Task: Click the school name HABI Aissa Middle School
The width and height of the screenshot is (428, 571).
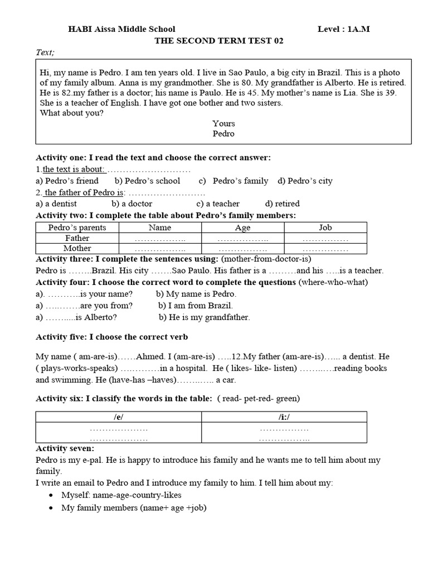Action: point(121,29)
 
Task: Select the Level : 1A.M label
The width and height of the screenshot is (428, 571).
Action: point(343,29)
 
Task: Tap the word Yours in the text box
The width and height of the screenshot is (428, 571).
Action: point(223,123)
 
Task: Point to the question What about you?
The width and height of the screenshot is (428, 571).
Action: point(71,113)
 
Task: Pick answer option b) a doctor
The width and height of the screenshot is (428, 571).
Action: point(132,204)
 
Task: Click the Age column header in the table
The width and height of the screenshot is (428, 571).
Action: point(242,228)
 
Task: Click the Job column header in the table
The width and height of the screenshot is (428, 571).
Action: point(325,228)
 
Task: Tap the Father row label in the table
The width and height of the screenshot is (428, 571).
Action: point(77,238)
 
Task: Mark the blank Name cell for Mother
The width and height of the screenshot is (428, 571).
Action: point(159,249)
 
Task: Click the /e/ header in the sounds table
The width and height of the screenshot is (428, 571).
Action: point(119,417)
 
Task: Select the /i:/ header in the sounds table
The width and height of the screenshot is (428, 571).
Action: point(284,417)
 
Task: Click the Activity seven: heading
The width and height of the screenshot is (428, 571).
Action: point(65,448)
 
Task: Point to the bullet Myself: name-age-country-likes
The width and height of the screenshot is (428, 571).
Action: point(121,495)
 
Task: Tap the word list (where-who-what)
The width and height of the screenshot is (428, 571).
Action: point(333,282)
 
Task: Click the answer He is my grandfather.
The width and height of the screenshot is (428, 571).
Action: point(204,317)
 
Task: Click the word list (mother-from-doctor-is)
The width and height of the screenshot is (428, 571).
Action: point(266,259)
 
